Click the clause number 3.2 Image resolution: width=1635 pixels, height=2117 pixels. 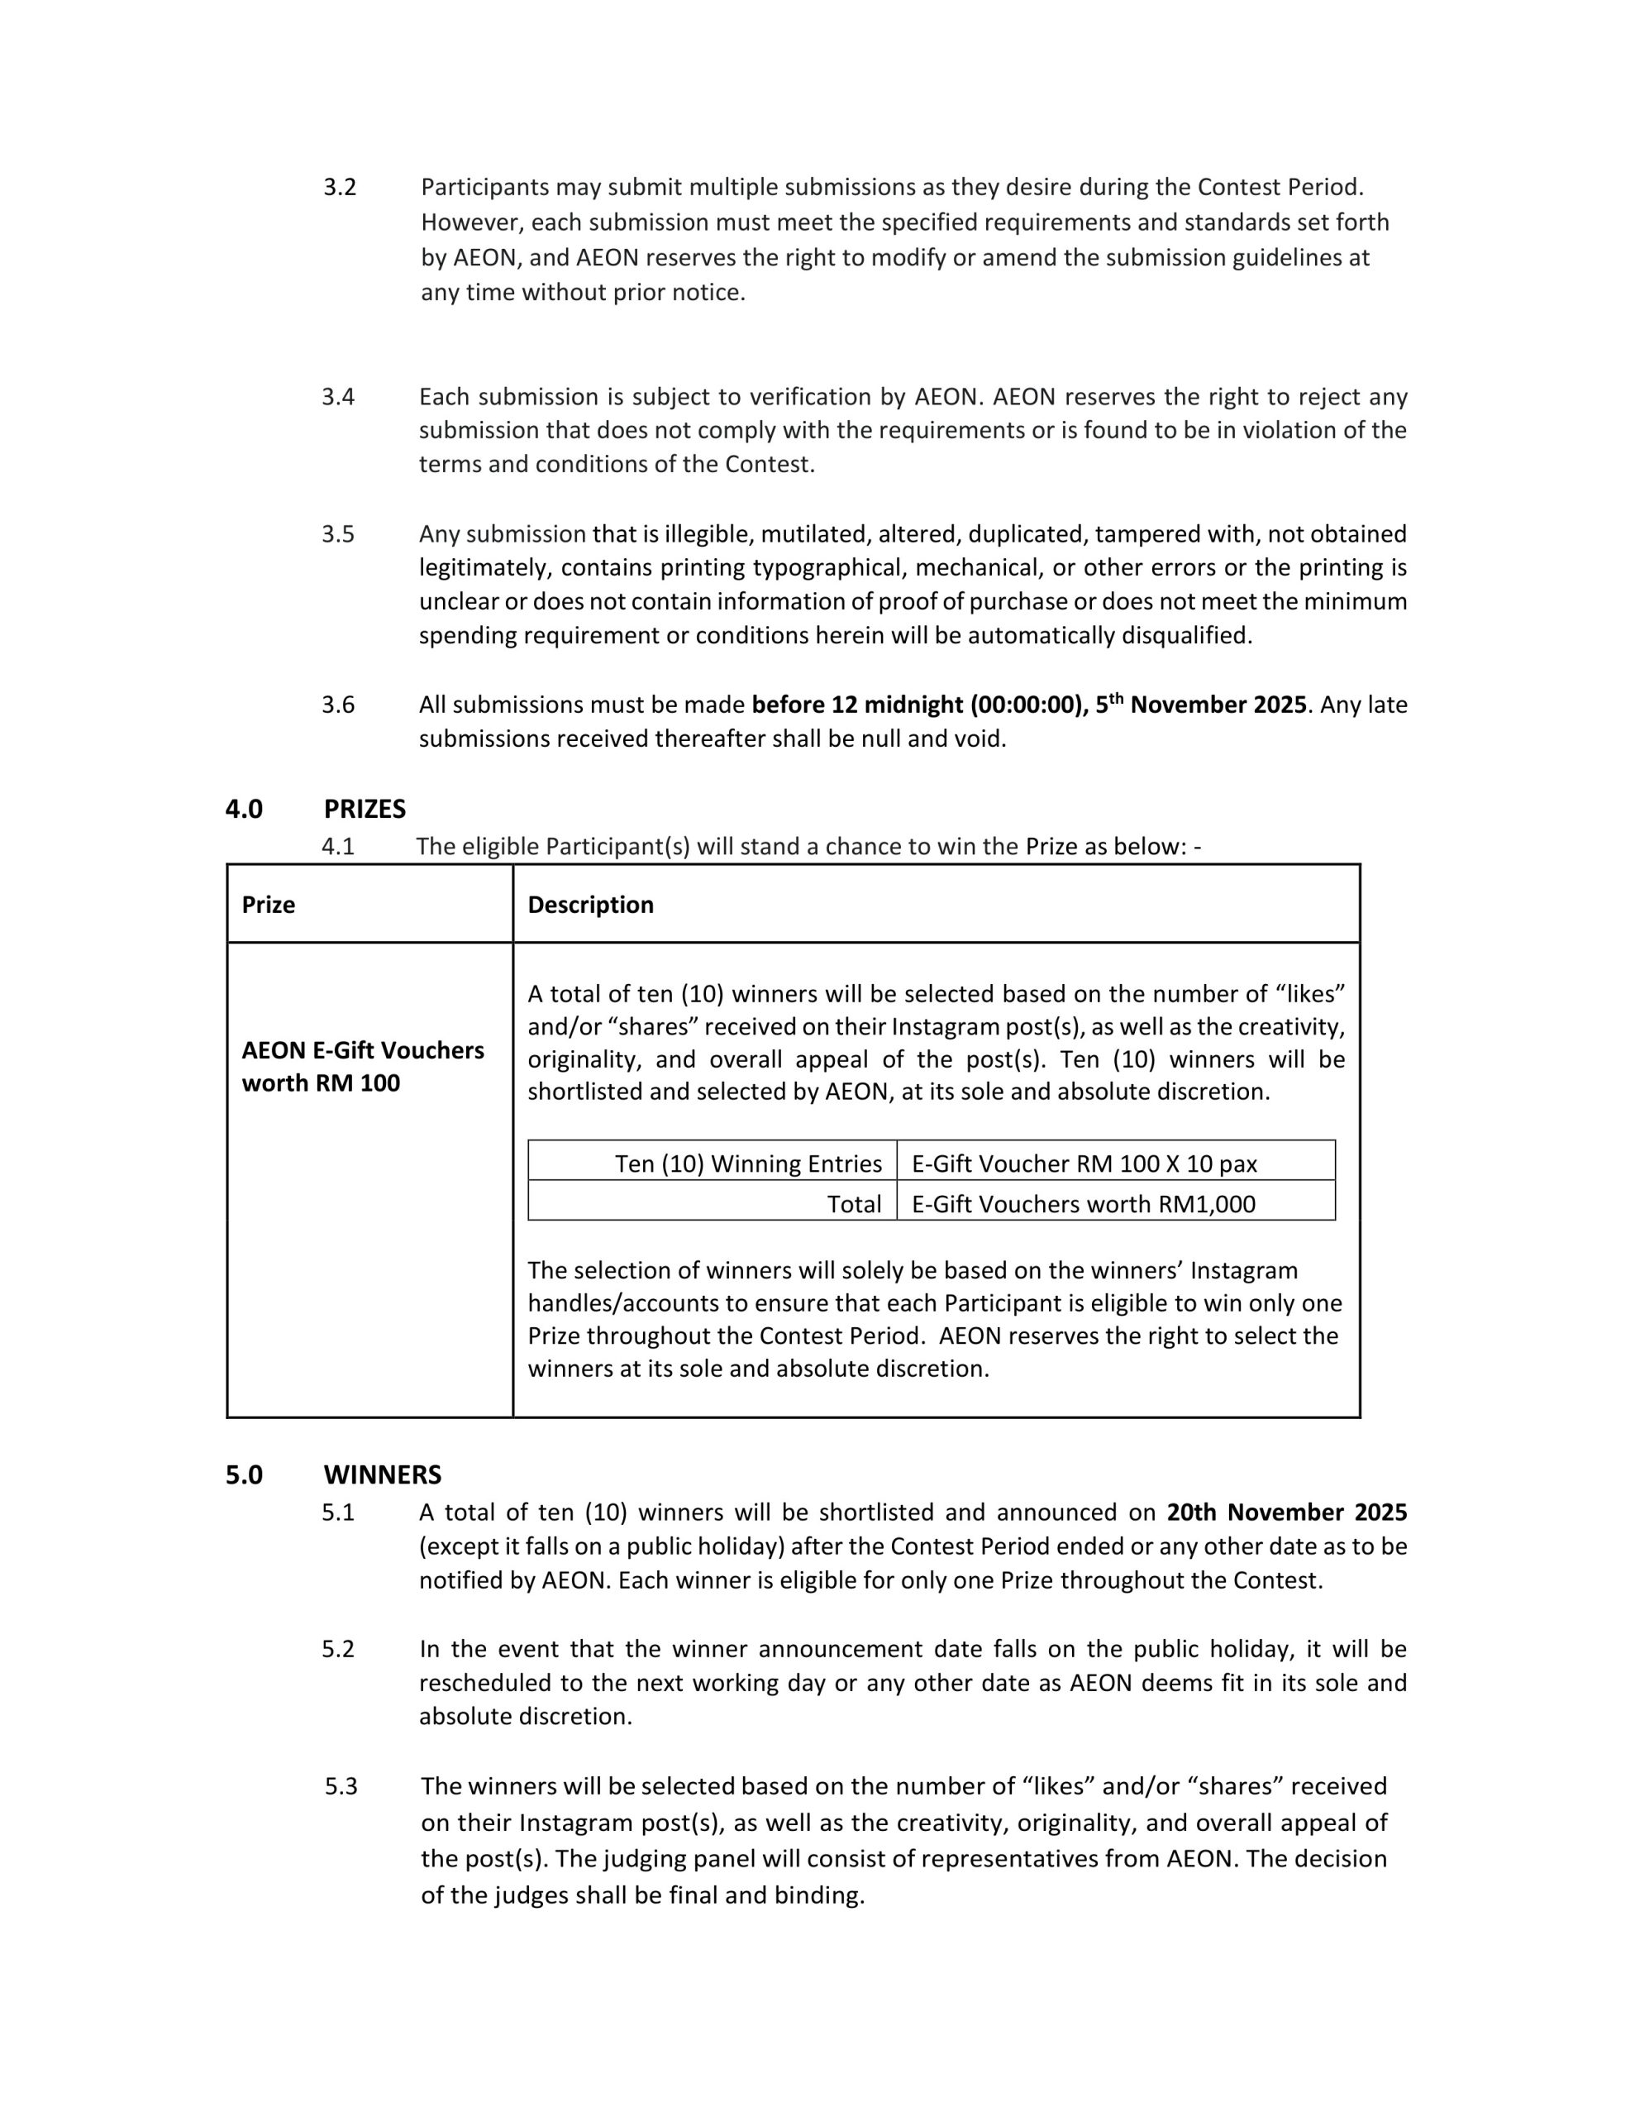(339, 187)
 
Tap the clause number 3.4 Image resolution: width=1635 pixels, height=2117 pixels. (338, 396)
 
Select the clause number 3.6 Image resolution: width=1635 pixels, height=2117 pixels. (338, 705)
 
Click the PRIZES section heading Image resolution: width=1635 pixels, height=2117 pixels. (365, 809)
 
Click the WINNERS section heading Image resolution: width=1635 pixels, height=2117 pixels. (382, 1474)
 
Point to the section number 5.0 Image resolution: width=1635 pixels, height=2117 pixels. (244, 1474)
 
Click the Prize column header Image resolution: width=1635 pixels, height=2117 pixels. (269, 905)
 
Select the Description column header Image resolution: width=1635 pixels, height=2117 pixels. (590, 905)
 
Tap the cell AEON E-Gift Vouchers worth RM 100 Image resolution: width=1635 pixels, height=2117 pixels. (363, 1066)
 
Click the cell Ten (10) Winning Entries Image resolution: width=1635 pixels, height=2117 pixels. (748, 1164)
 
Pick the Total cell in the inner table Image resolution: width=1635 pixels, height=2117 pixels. (854, 1204)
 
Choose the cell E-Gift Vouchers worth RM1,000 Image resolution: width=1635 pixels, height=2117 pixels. (1083, 1204)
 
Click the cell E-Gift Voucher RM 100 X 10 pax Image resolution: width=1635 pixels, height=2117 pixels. (1084, 1164)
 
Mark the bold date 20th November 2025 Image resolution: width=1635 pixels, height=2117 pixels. (1286, 1512)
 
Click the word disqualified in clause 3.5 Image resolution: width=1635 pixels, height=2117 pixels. (1186, 636)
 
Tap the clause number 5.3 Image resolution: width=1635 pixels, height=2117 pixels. (341, 1786)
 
